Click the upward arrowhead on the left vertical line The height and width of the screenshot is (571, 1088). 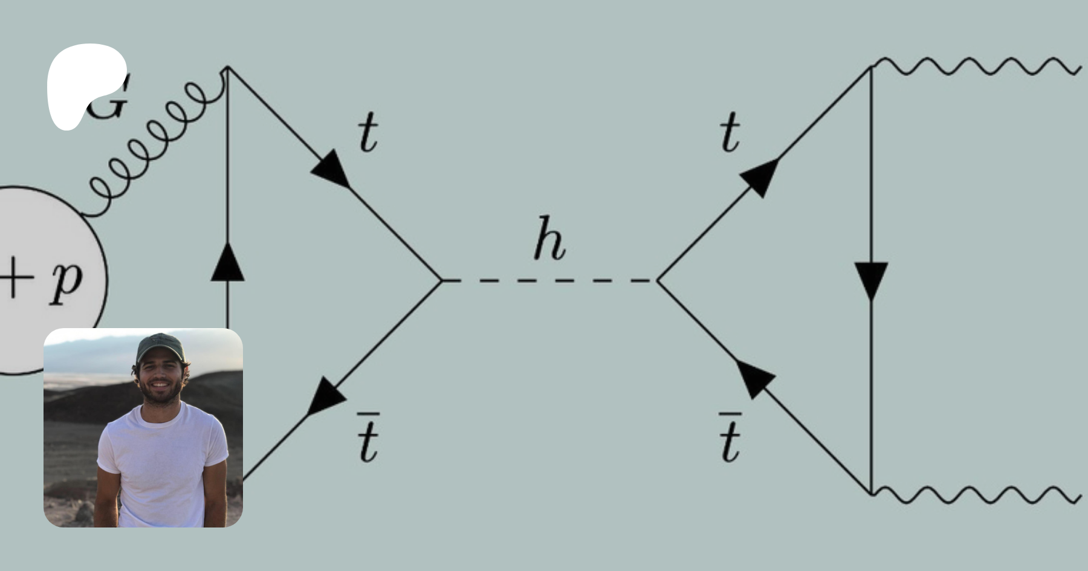tap(228, 263)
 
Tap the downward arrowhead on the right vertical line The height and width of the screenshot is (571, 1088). tap(871, 280)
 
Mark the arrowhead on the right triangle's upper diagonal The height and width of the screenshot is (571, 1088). tap(759, 176)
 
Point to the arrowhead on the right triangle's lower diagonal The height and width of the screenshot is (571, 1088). tap(756, 378)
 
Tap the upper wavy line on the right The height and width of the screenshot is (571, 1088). tap(976, 66)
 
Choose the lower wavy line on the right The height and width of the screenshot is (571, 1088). tap(976, 494)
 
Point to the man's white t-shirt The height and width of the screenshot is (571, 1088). tap(162, 465)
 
